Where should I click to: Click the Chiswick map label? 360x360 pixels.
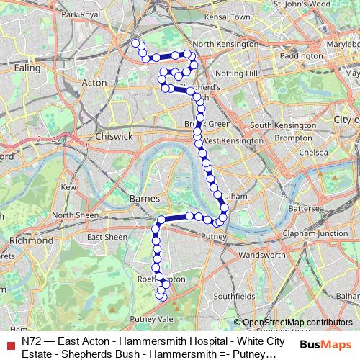pos(114,135)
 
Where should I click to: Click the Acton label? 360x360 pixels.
pos(94,83)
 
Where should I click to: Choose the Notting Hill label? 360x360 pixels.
pos(236,73)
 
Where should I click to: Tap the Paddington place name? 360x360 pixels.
pos(301,55)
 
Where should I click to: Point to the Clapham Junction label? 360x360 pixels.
pos(315,233)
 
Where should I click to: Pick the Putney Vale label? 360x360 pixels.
pos(152,318)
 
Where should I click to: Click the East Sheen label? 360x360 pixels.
pos(107,237)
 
